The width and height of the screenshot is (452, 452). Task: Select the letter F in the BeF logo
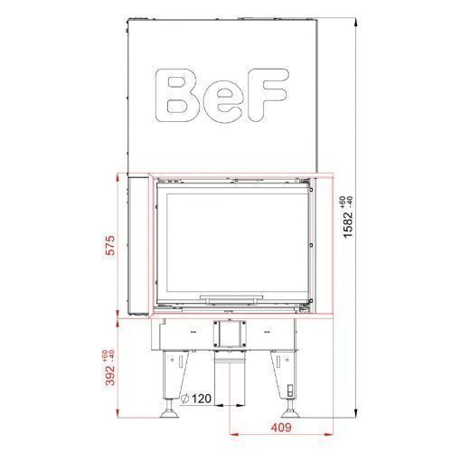coord(267,95)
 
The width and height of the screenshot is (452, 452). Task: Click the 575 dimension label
coord(111,245)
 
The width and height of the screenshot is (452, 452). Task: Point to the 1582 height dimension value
coord(348,225)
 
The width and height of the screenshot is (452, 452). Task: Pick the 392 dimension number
coord(111,375)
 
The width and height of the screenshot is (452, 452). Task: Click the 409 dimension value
coord(281,428)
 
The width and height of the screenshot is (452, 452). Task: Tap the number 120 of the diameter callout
coord(202,399)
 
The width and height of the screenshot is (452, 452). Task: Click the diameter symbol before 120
coord(184,399)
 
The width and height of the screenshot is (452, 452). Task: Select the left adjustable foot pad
coord(170,414)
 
